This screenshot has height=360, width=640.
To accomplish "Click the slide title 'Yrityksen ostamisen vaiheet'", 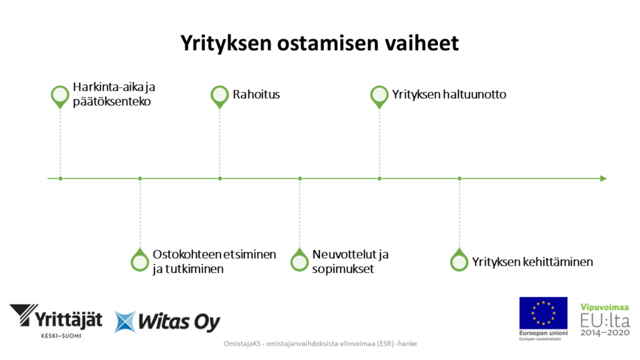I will click(x=319, y=43).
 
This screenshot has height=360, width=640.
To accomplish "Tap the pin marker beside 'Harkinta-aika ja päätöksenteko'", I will click(x=60, y=96).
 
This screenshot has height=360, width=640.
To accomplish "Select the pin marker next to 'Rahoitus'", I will click(x=219, y=96).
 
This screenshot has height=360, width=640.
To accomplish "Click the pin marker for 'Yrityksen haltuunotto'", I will click(x=379, y=96).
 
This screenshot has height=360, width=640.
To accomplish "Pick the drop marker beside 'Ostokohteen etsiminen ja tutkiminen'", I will click(x=140, y=261).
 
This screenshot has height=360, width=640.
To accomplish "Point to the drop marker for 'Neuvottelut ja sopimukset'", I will click(x=300, y=261).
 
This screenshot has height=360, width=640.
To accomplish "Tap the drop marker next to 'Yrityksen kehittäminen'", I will click(x=459, y=261).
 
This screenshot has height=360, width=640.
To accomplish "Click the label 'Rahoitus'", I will click(x=256, y=95).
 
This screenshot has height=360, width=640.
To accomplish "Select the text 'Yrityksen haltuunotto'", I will click(x=449, y=95).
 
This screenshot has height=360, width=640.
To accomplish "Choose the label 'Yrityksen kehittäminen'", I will click(x=532, y=262).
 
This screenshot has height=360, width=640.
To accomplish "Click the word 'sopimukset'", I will click(x=342, y=269).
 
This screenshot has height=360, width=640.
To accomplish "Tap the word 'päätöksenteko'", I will click(x=112, y=102).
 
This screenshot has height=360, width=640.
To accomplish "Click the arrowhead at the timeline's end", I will click(x=603, y=179).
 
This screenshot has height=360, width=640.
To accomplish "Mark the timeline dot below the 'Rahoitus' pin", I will click(x=220, y=179).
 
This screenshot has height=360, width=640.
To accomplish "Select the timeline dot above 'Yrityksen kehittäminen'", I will click(x=459, y=179).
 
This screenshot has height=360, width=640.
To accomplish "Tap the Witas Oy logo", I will click(x=167, y=322).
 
